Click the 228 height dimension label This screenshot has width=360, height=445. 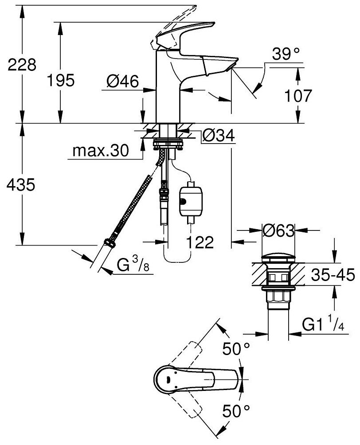click(x=21, y=65)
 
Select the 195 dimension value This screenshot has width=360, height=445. click(x=62, y=81)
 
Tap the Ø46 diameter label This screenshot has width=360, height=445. click(x=122, y=81)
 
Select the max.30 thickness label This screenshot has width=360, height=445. click(x=101, y=152)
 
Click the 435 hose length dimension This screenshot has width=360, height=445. click(x=21, y=185)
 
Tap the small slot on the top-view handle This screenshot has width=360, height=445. click(x=168, y=379)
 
